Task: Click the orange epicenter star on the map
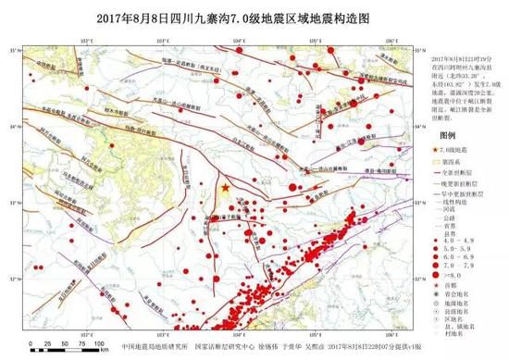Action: coord(225,189)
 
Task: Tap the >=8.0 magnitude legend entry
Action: coord(448,276)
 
